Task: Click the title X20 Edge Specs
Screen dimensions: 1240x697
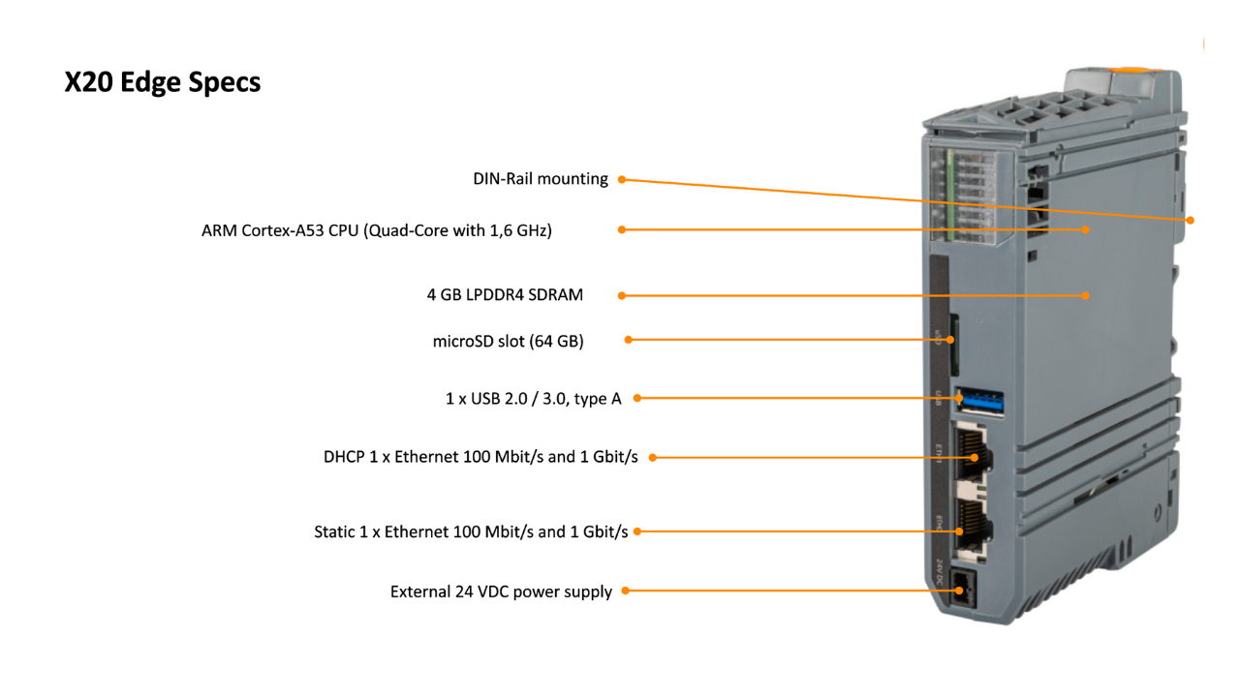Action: click(x=162, y=82)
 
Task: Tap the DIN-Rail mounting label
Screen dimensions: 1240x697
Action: click(x=541, y=179)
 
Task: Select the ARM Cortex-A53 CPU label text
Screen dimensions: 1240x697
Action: click(x=377, y=230)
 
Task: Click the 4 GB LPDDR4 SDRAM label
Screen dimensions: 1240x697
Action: click(x=505, y=295)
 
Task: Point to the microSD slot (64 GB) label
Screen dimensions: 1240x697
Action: click(x=509, y=341)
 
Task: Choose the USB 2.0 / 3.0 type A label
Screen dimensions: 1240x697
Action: click(x=534, y=398)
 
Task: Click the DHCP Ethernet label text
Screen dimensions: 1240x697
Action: click(x=480, y=457)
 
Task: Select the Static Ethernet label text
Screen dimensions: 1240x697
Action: click(x=471, y=531)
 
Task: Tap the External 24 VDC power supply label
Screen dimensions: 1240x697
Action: click(x=501, y=591)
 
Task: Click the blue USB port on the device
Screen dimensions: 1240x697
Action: click(x=979, y=402)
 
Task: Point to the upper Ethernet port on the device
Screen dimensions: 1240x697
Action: click(x=972, y=454)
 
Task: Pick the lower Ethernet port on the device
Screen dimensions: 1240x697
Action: click(x=972, y=530)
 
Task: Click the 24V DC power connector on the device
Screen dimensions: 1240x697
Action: click(x=963, y=590)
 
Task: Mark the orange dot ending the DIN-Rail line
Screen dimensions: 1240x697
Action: click(x=1191, y=220)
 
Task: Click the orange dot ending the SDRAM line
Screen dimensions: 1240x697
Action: click(x=1086, y=296)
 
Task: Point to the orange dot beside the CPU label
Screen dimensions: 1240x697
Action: click(x=622, y=229)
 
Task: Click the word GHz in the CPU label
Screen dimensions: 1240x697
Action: click(x=534, y=230)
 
